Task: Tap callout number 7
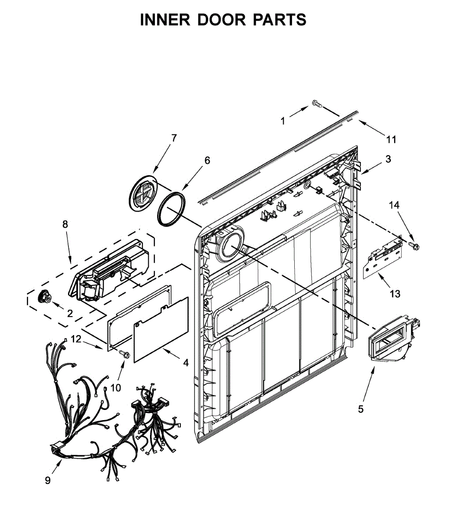[x=173, y=138]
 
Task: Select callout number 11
[x=391, y=140]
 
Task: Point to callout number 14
[x=394, y=205]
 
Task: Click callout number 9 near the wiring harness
[x=48, y=480]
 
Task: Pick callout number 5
[x=361, y=409]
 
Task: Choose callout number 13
[x=395, y=294]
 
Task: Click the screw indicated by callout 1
[x=317, y=104]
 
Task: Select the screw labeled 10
[x=125, y=353]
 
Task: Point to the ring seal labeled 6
[x=172, y=209]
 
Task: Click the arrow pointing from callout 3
[x=370, y=168]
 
